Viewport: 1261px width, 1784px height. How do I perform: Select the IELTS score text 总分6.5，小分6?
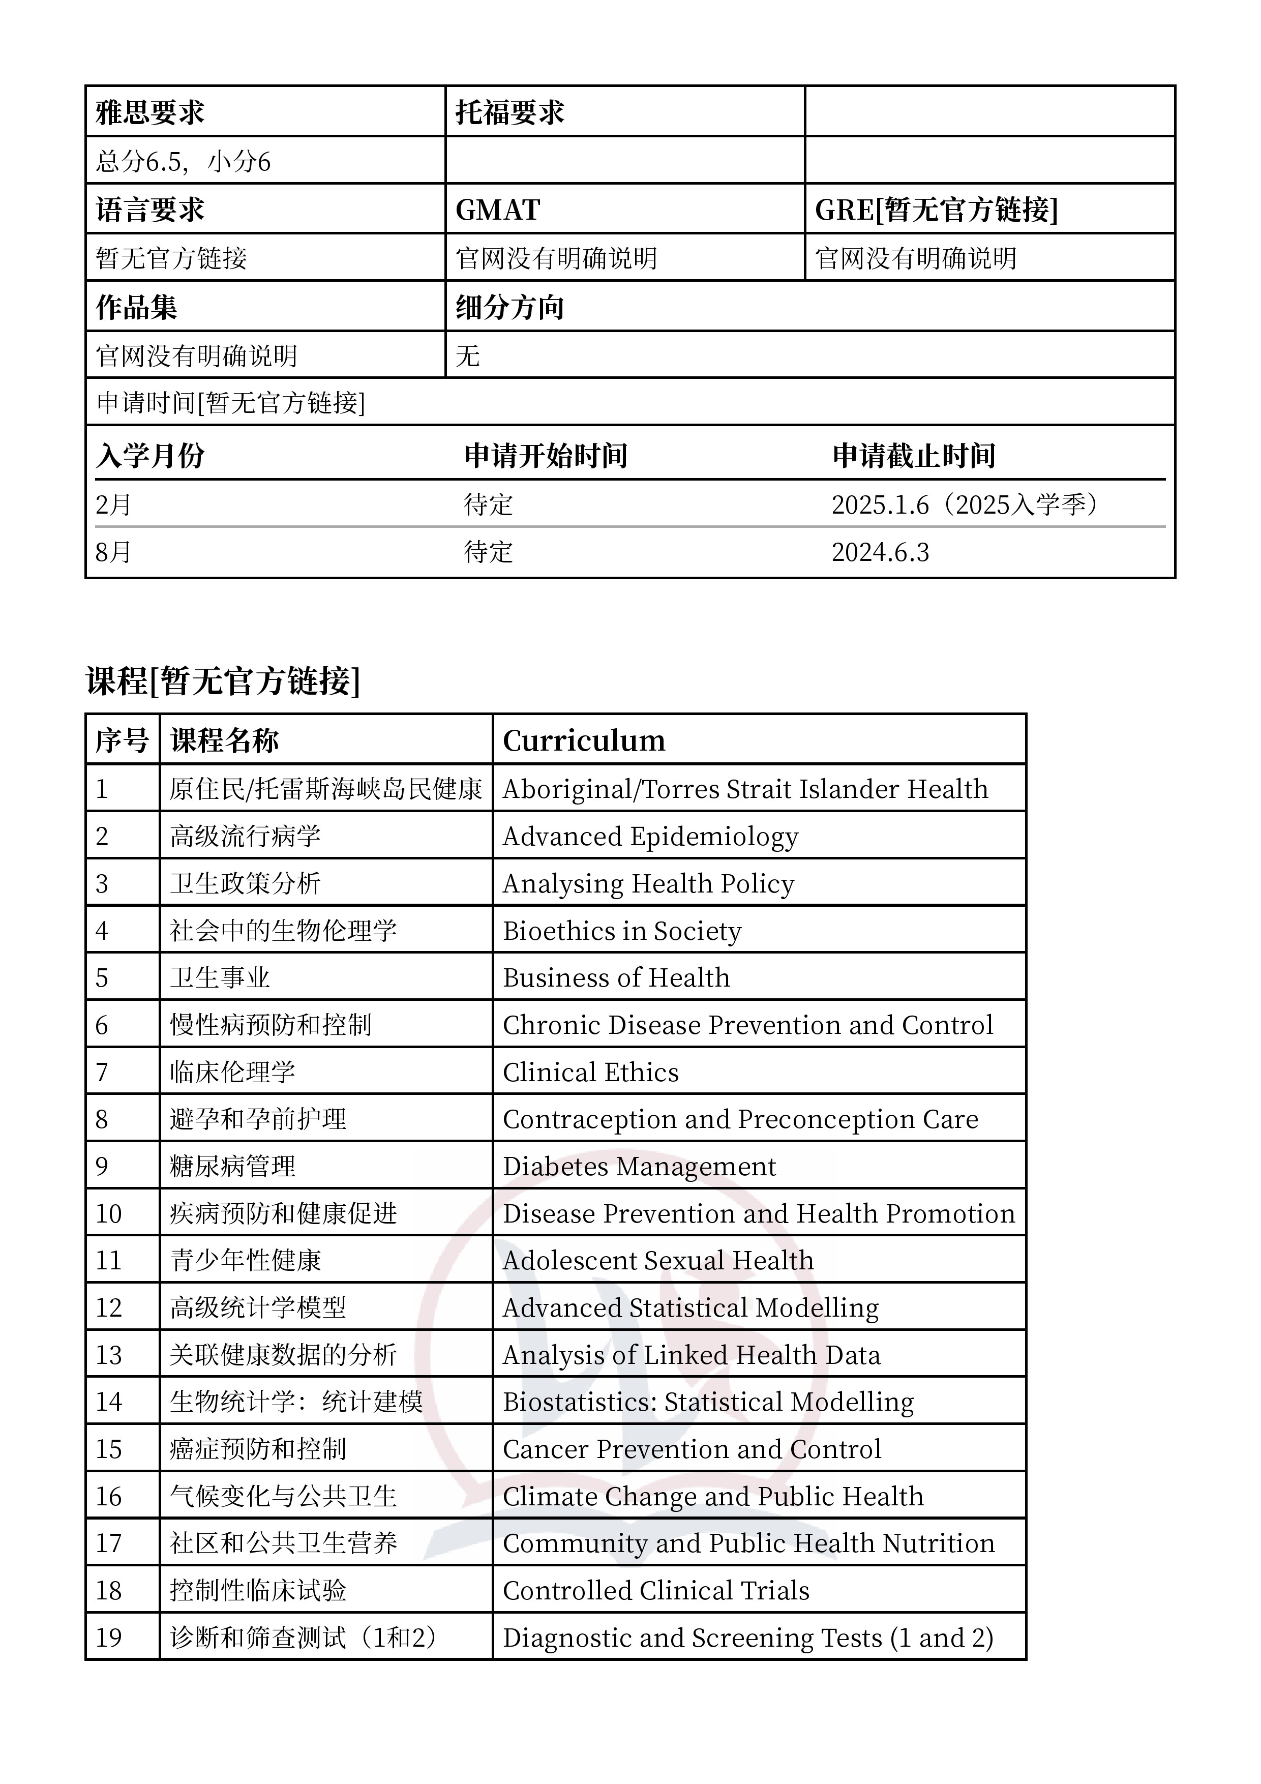coord(184,162)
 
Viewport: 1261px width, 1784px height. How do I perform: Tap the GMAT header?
coord(498,210)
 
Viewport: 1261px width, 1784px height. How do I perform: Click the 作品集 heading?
coord(137,307)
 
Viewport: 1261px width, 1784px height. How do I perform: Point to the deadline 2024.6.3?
coord(880,552)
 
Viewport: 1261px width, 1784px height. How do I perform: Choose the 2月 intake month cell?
coord(113,505)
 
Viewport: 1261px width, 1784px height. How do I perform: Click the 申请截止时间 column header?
coord(914,455)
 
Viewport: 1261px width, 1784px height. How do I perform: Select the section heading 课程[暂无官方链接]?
coord(223,680)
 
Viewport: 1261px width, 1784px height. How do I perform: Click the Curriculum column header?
coord(584,740)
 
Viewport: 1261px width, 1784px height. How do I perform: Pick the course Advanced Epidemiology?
coord(650,837)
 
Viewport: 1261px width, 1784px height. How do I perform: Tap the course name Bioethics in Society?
coord(621,931)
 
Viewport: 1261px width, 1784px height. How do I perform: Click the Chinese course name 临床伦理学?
coord(232,1072)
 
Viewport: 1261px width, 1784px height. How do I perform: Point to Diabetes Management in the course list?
coord(639,1166)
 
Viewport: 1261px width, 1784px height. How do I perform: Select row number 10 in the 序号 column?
coord(109,1214)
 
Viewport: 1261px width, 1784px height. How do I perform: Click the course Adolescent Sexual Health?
coord(658,1260)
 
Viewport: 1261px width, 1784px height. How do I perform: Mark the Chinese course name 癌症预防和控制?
coord(258,1449)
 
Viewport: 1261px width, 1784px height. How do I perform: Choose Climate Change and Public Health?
coord(712,1497)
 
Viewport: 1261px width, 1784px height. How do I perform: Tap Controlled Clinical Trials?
coord(656,1591)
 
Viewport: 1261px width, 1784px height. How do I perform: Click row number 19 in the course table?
coord(109,1638)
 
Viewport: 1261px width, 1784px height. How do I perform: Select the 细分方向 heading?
coord(509,307)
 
